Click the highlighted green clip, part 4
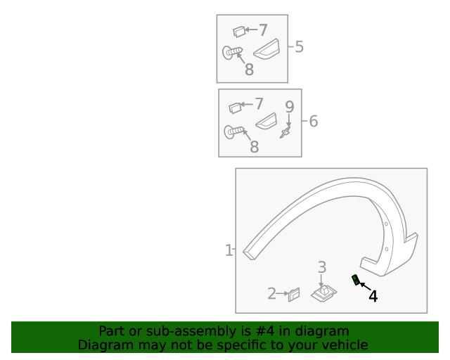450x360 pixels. click(356, 280)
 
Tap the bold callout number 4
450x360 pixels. click(373, 296)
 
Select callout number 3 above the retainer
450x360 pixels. click(322, 267)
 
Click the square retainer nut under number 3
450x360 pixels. click(324, 293)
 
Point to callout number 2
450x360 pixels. click(272, 293)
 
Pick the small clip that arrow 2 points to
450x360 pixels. click(294, 295)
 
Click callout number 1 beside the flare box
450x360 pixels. click(229, 250)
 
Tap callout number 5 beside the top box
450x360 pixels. click(299, 46)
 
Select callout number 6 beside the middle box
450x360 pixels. click(314, 121)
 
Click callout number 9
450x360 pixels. click(290, 107)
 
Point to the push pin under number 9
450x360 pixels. click(285, 132)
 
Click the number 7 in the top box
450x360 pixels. click(263, 30)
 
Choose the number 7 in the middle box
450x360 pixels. click(259, 103)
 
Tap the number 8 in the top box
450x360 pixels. click(249, 70)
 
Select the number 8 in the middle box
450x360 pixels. click(255, 147)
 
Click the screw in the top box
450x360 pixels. click(233, 53)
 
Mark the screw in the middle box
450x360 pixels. click(234, 131)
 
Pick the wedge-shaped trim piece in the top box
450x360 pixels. click(266, 49)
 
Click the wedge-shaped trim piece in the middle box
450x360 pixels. click(266, 121)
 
